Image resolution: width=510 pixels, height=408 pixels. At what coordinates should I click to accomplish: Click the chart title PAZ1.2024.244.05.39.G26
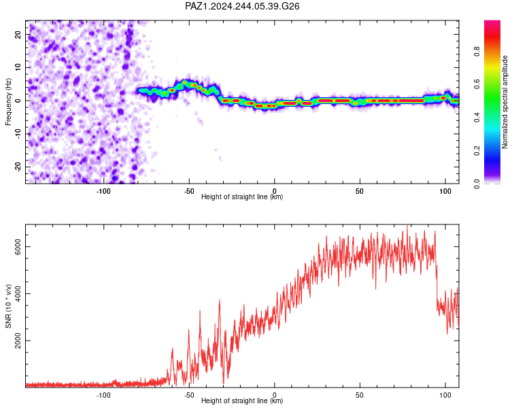tap(242, 6)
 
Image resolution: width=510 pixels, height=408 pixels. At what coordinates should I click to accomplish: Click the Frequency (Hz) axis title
tap(8, 102)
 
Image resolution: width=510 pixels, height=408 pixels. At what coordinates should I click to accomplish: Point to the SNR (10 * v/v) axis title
tap(8, 306)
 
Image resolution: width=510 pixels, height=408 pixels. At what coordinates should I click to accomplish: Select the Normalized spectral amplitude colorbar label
tap(505, 102)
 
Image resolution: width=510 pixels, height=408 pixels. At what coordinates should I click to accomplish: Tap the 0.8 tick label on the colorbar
tap(477, 52)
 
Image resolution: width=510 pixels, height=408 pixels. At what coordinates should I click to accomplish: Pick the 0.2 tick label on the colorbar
tap(477, 151)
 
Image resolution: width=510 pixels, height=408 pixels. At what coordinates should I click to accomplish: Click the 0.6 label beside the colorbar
tap(477, 84)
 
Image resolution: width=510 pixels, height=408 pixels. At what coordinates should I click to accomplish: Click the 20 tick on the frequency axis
tap(18, 34)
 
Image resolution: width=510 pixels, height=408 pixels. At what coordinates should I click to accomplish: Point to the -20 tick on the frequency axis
tap(18, 167)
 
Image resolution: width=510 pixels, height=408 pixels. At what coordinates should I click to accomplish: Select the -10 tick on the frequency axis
tap(18, 133)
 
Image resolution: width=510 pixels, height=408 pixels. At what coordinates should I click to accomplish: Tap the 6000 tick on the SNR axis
tap(18, 247)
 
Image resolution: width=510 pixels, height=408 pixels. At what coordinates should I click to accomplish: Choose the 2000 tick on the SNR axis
tap(18, 341)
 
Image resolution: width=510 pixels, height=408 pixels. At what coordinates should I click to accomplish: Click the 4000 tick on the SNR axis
tap(18, 294)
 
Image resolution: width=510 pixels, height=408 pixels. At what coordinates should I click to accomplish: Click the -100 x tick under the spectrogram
tap(103, 191)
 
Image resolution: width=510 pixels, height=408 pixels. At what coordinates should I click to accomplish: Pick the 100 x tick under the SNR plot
tap(445, 395)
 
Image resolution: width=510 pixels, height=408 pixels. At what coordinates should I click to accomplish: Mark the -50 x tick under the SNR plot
tap(189, 395)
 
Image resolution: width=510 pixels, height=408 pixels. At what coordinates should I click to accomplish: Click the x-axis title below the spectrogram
tap(242, 197)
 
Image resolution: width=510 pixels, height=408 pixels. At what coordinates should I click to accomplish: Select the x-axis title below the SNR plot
tap(242, 401)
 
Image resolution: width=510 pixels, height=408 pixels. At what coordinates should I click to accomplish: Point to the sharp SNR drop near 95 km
tap(437, 286)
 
